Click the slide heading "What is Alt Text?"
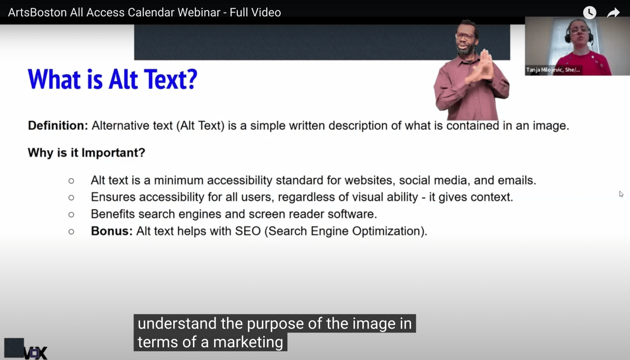pyautogui.click(x=112, y=79)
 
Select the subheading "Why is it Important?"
pyautogui.click(x=86, y=152)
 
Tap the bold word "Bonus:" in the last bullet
pyautogui.click(x=112, y=231)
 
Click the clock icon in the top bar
pyautogui.click(x=589, y=13)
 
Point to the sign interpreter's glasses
pyautogui.click(x=464, y=36)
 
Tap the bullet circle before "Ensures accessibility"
pyautogui.click(x=71, y=197)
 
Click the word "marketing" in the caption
pyautogui.click(x=248, y=342)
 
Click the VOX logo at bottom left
pyautogui.click(x=26, y=349)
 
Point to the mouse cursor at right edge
pyautogui.click(x=621, y=194)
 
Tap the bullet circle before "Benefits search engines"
pyautogui.click(x=71, y=214)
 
